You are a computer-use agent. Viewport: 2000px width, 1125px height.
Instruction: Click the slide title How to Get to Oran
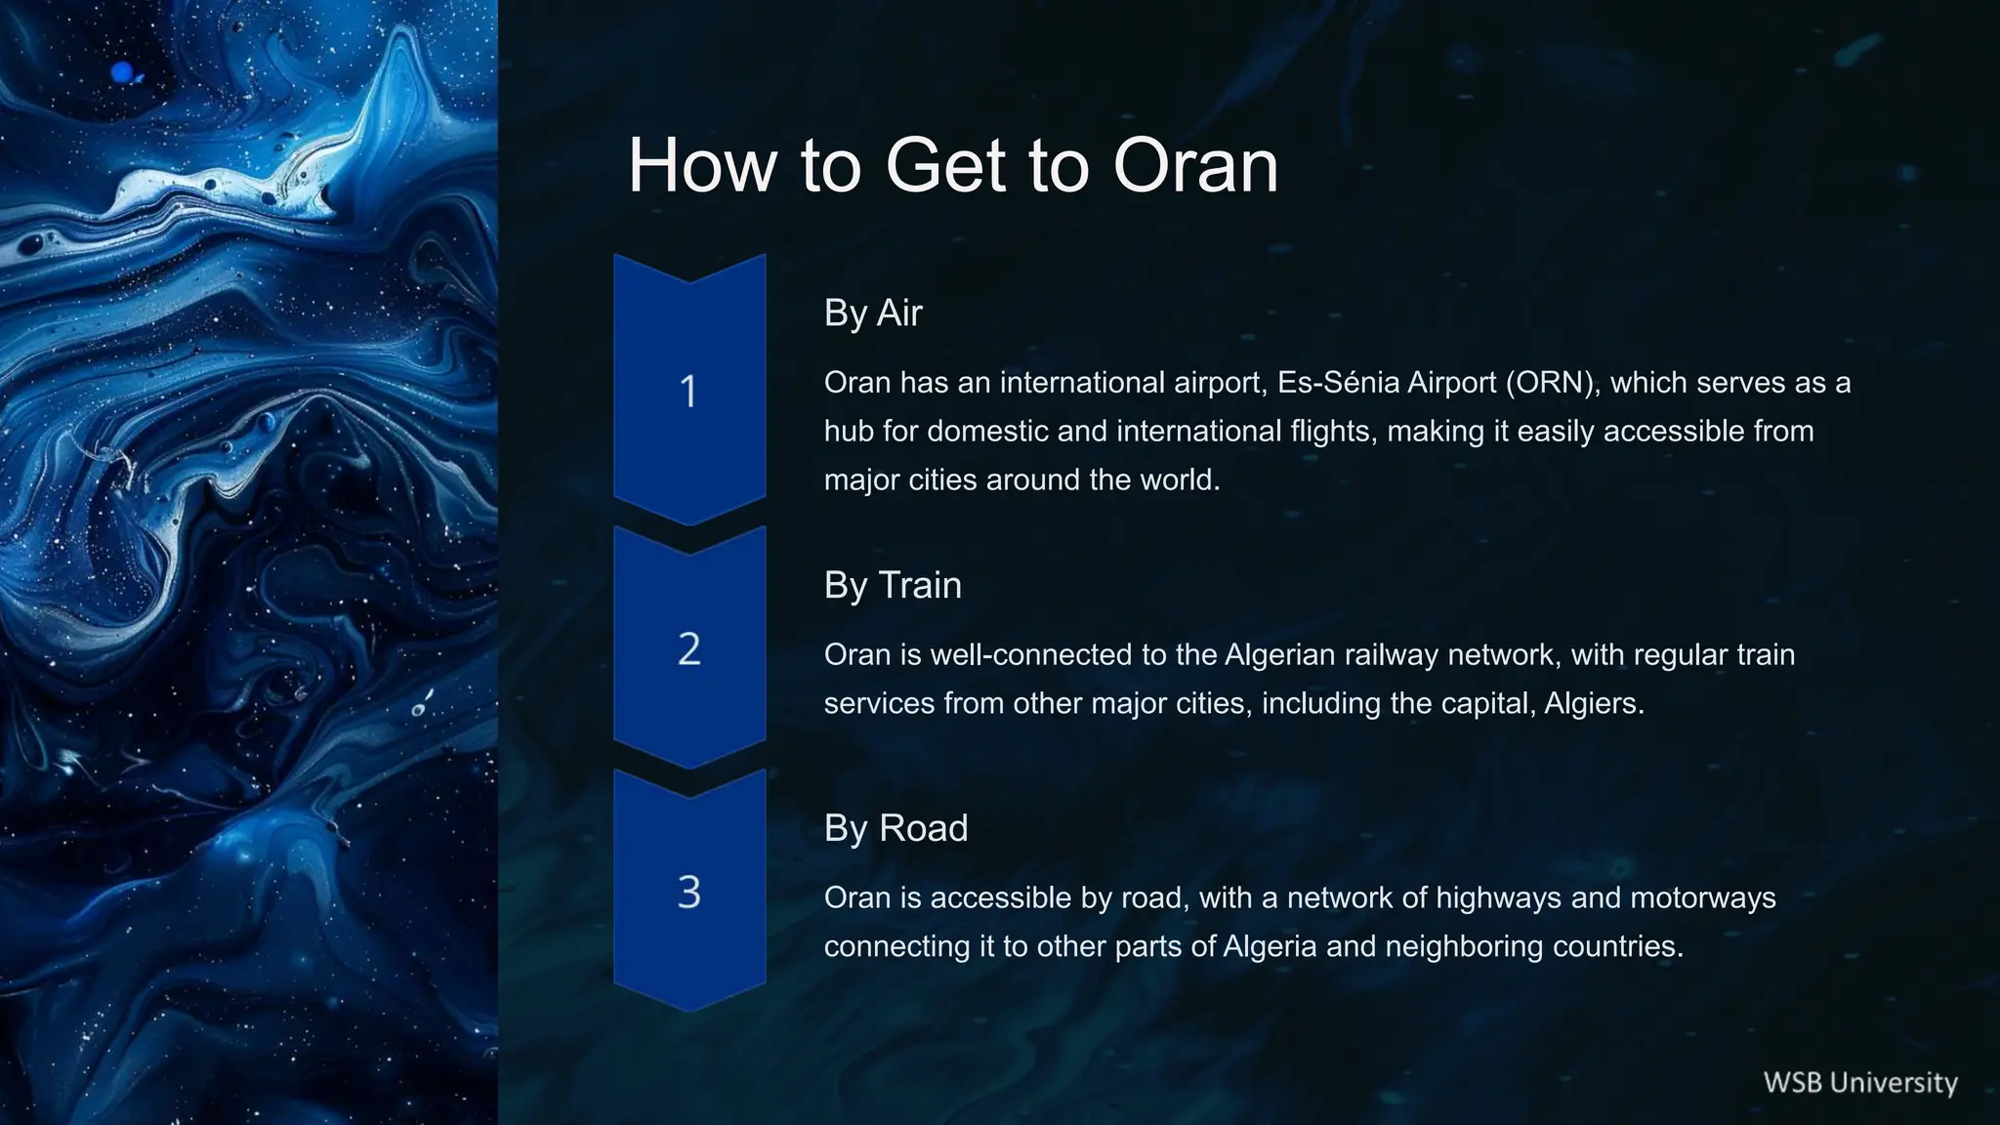(x=952, y=165)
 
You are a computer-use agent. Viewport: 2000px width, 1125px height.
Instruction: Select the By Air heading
(x=872, y=313)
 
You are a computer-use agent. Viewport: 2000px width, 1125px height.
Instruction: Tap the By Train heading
(x=893, y=585)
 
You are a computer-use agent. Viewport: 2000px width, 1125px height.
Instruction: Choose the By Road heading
(x=896, y=828)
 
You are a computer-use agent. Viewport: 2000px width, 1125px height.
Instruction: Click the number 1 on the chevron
(x=688, y=392)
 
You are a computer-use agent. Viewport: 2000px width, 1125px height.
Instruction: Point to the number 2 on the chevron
(x=688, y=649)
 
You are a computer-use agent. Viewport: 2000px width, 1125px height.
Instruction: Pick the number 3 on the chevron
(x=688, y=893)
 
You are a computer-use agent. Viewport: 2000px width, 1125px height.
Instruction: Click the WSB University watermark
(x=1859, y=1083)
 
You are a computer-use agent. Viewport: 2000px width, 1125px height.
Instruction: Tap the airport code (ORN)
(x=1553, y=383)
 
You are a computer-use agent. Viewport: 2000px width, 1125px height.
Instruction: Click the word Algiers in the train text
(x=1593, y=704)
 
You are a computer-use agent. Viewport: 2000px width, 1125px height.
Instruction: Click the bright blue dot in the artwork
(x=123, y=71)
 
